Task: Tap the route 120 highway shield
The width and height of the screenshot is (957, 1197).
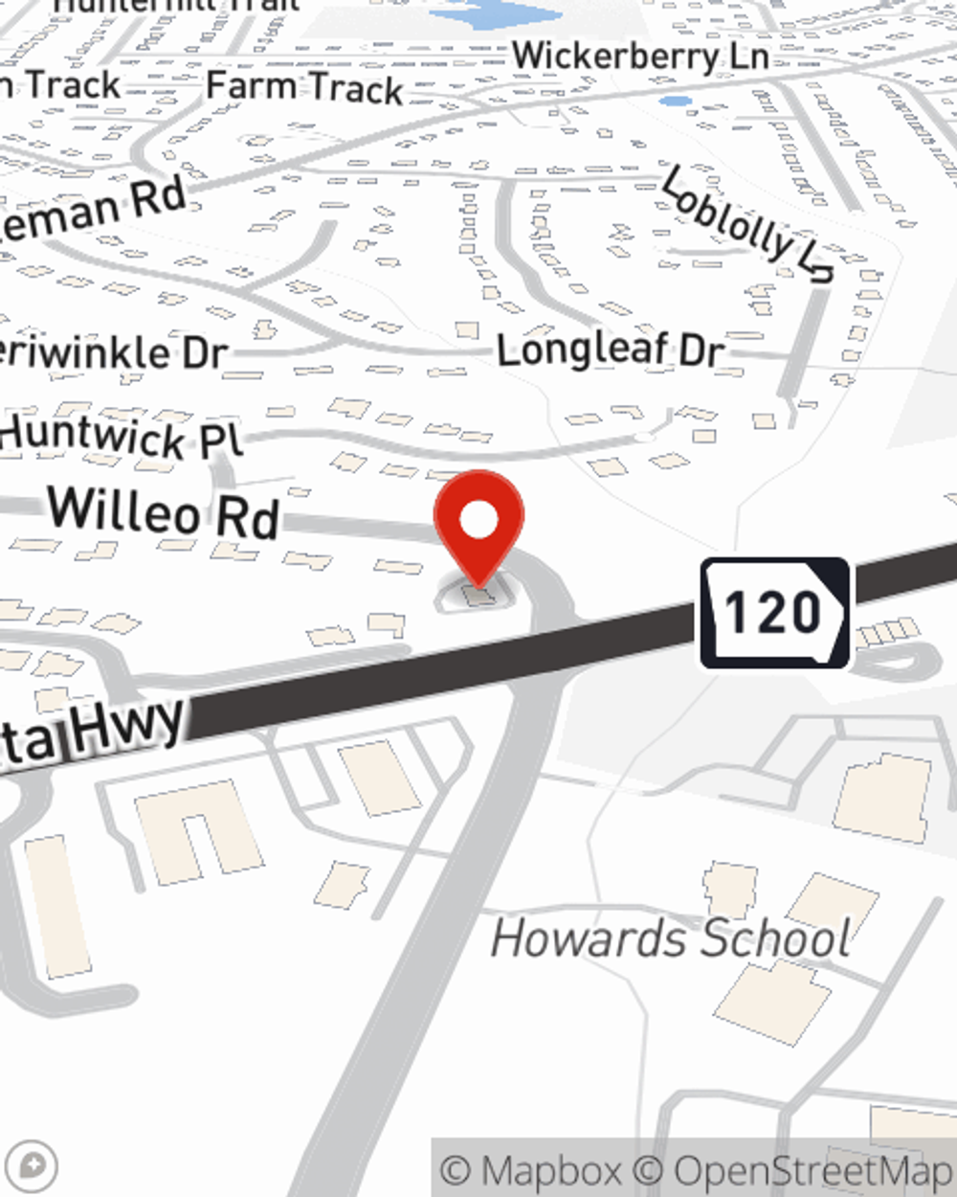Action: (774, 613)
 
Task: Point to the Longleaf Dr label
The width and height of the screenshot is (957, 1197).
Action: (611, 350)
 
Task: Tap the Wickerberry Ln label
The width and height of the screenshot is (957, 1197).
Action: (640, 56)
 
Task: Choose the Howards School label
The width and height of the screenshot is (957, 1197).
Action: (670, 938)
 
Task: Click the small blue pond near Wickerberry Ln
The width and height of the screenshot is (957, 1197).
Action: (676, 101)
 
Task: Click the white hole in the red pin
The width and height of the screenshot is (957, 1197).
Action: (478, 520)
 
